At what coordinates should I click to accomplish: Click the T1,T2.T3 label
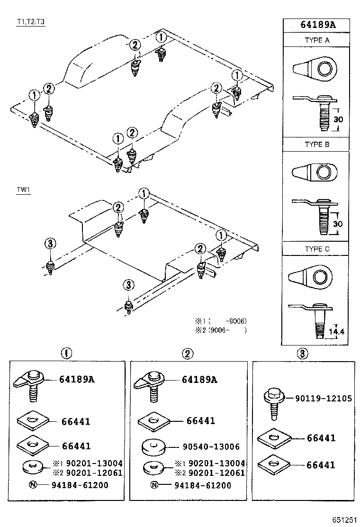(31, 22)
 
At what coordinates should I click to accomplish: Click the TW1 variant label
(23, 190)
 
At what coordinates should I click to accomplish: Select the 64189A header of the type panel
(317, 26)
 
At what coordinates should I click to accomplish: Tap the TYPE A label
(317, 40)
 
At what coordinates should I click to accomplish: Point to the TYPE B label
(317, 145)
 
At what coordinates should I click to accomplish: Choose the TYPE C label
(317, 249)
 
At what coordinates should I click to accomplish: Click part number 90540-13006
(211, 446)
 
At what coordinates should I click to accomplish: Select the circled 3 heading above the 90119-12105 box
(303, 353)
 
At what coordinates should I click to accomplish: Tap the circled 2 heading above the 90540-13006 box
(188, 353)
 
